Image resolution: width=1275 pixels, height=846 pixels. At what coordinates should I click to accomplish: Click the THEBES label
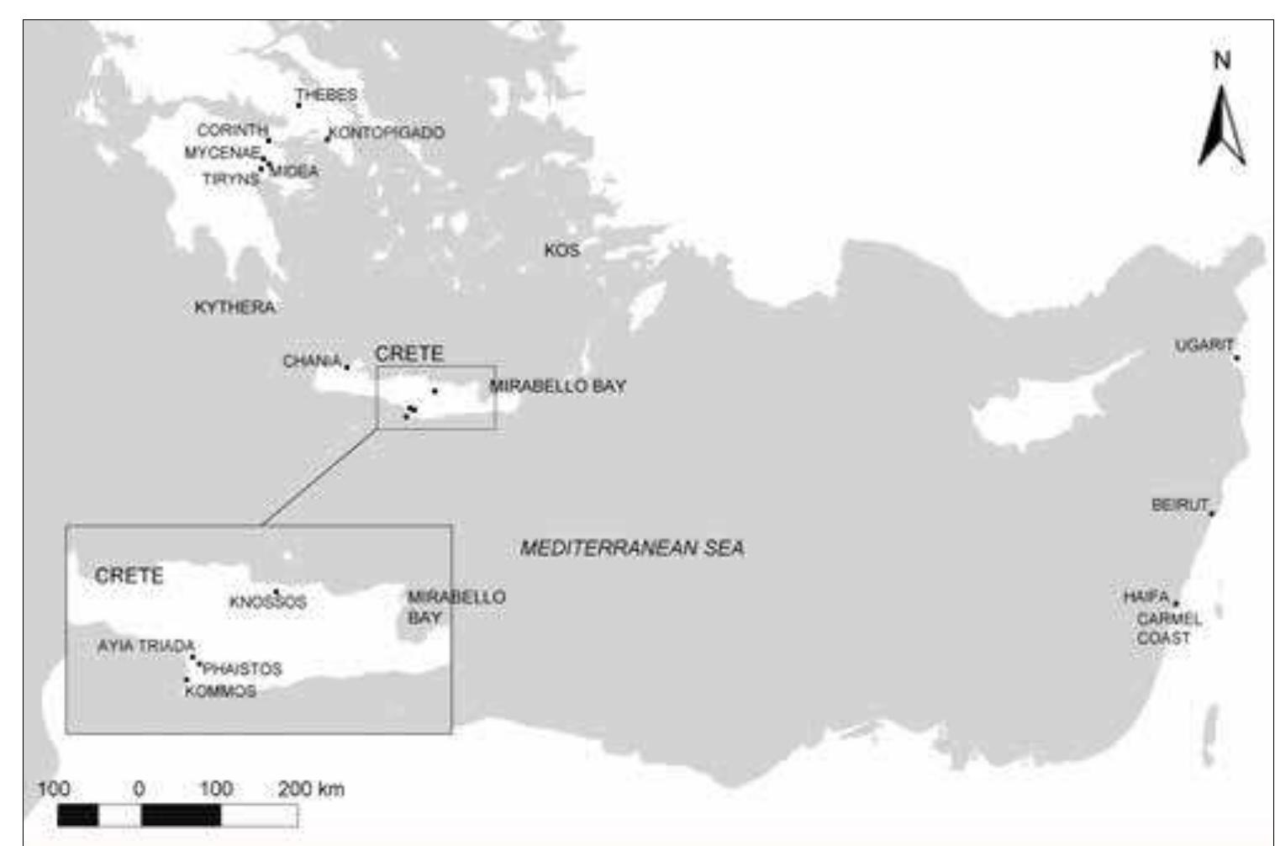point(327,95)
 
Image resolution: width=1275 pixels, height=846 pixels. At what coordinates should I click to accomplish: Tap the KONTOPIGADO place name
point(387,133)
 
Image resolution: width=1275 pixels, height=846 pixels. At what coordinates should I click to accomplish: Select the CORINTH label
point(232,131)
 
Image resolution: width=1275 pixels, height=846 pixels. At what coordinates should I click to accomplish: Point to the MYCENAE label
point(222,152)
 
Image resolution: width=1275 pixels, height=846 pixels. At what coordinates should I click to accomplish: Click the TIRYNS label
point(230,179)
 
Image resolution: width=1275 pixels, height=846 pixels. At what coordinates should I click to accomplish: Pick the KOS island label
point(561,251)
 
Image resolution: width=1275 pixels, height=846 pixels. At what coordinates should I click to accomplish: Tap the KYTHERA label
point(234,307)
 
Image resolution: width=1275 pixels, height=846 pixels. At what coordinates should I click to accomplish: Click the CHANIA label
point(312,362)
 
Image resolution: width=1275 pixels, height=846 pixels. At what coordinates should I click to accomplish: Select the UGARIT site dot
point(1236,358)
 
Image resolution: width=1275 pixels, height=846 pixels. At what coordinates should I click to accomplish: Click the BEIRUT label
point(1179,505)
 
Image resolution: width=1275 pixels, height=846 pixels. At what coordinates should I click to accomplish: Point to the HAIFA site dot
point(1175,603)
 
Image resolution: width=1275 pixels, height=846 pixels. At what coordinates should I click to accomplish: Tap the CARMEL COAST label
point(1167,628)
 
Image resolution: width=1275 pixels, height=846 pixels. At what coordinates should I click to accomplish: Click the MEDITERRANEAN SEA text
point(632,548)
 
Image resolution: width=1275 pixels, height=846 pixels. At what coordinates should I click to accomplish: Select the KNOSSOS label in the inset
point(267,603)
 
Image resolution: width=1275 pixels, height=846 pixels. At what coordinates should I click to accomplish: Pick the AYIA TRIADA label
point(146,646)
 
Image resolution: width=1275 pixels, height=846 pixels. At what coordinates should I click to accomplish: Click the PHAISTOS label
point(242,669)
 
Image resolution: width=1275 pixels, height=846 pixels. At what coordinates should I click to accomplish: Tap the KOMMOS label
point(220,691)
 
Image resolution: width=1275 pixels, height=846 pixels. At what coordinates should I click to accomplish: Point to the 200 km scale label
point(311,789)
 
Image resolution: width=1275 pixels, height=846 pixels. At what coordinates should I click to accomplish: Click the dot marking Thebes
point(298,105)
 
